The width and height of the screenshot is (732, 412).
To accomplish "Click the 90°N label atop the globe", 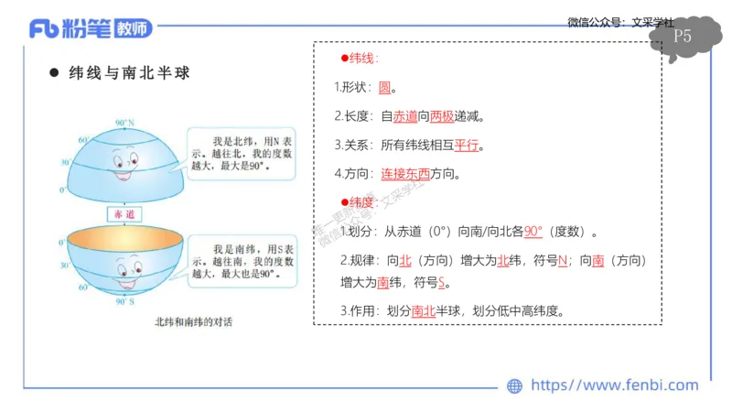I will (x=125, y=122).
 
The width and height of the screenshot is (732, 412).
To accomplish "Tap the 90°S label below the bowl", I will (x=125, y=301).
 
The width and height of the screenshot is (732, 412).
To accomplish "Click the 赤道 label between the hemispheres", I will (x=123, y=213).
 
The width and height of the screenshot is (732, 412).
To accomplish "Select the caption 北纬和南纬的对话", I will (x=194, y=322).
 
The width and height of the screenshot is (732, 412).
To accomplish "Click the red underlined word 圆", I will (x=385, y=88).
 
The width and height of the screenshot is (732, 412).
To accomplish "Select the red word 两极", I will (x=442, y=116).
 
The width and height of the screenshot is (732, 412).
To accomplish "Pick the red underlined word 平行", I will (x=467, y=145).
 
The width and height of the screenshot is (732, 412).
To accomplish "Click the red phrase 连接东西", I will (x=405, y=173).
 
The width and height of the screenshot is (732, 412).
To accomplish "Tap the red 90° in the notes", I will (x=533, y=231).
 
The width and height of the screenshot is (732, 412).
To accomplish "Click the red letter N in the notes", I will (x=563, y=260).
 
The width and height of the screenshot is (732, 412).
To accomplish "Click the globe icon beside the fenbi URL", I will (x=514, y=386).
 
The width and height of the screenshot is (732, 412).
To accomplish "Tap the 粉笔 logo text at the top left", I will (x=89, y=28).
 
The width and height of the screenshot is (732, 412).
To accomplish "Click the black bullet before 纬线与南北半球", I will (x=54, y=73).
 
